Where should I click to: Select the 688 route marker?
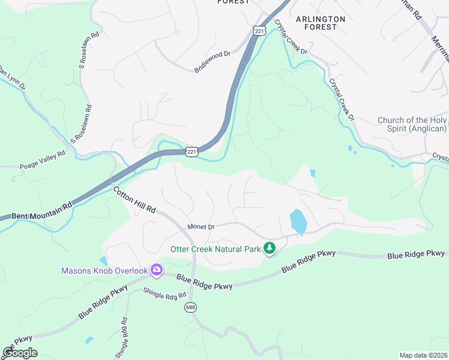191,307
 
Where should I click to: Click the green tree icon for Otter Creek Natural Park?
270,248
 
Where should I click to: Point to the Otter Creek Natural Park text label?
216,248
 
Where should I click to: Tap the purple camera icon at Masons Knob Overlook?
157,271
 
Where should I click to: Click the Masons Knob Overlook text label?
104,271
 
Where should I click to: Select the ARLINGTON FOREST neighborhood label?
321,23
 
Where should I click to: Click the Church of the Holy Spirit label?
412,124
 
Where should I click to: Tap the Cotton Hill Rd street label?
134,200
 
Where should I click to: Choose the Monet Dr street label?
200,227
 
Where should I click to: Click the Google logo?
20,353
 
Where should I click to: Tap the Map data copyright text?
424,355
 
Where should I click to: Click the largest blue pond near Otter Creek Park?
298,221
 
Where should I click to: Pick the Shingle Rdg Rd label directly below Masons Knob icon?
157,294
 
